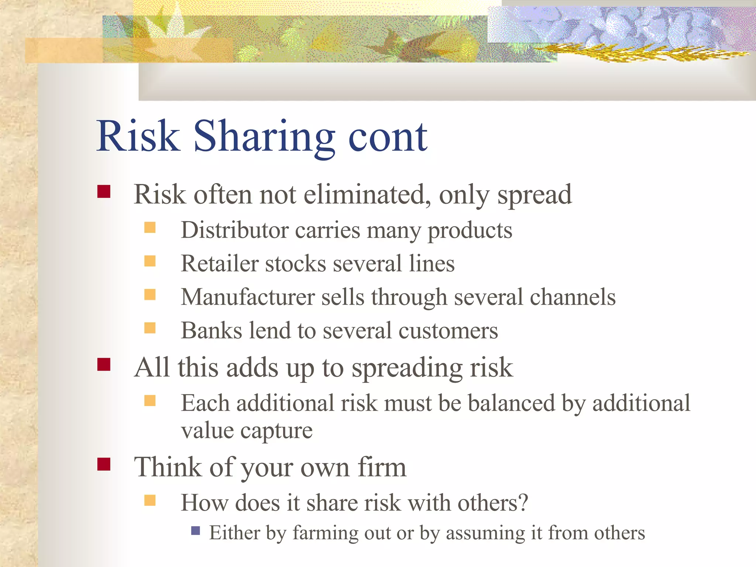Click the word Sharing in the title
point(264,137)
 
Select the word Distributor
point(234,230)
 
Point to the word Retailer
point(220,264)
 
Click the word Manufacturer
point(247,297)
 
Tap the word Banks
point(211,330)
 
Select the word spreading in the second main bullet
point(406,368)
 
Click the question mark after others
point(523,503)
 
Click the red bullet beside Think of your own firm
point(104,464)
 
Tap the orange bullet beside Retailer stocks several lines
point(150,261)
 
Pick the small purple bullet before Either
point(196,531)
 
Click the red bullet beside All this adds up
point(104,364)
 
